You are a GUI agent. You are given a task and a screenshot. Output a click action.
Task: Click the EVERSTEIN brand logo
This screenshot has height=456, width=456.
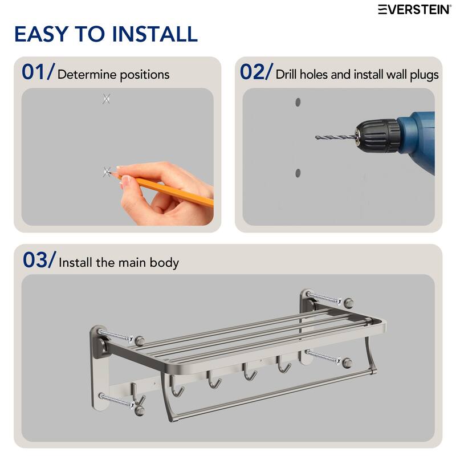point(414,9)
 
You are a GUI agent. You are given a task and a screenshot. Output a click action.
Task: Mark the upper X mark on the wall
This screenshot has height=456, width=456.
point(106,99)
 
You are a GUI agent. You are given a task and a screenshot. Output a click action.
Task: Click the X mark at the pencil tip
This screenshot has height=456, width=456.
point(107,172)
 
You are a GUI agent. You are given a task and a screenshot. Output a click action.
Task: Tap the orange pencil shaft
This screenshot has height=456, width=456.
point(171,189)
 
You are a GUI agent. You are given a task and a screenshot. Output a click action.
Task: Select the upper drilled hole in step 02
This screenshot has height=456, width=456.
point(298,103)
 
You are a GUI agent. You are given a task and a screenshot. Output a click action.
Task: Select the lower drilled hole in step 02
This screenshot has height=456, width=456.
point(298,173)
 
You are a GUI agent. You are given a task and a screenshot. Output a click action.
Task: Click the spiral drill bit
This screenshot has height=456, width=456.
point(334,137)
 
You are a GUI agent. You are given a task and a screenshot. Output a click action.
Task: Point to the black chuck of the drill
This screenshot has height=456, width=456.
point(376,136)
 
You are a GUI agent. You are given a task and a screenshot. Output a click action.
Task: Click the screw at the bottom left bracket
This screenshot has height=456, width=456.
point(117,400)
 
